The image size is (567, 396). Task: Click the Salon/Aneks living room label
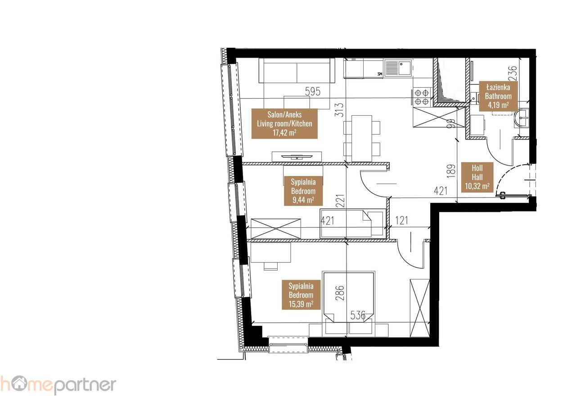point(284,124)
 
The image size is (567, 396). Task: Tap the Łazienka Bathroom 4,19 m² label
point(498,96)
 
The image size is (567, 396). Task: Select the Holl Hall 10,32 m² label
point(477,177)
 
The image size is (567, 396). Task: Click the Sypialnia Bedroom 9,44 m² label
point(303,191)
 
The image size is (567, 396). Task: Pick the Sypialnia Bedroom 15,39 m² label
point(301,295)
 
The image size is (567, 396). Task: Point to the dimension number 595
point(313,91)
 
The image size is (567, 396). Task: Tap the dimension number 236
point(512,73)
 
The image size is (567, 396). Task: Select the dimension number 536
point(358,315)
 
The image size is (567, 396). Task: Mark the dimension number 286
point(340,293)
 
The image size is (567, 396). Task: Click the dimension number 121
point(401,220)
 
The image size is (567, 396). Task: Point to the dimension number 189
point(451,171)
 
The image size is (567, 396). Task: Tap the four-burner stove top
point(422,97)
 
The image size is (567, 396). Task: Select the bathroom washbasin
point(522,118)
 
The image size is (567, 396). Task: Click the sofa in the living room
point(297,71)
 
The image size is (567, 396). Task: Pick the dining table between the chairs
point(362,138)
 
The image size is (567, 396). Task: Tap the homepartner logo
point(58,385)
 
